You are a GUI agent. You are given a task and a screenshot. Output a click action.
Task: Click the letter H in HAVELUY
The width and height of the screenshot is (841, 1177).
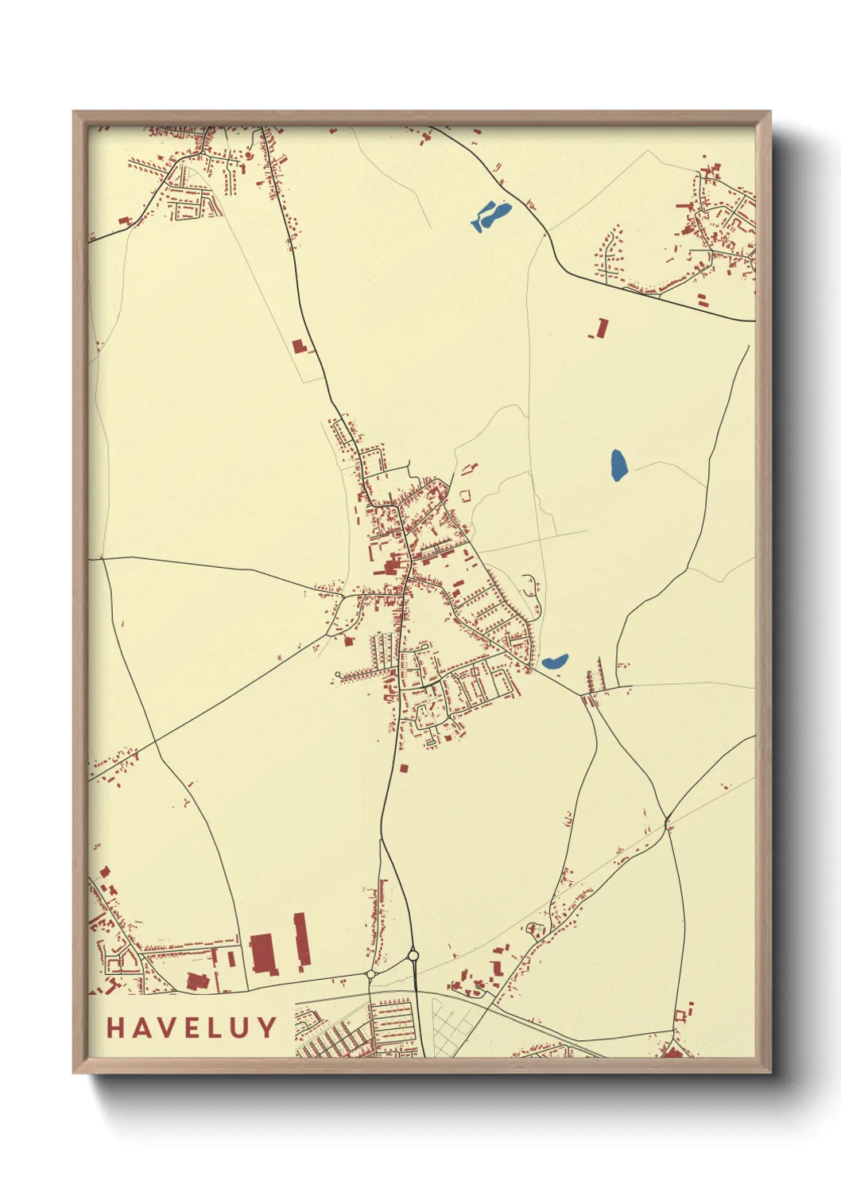116,1027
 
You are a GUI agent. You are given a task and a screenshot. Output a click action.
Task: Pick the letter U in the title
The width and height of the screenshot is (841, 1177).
242,1027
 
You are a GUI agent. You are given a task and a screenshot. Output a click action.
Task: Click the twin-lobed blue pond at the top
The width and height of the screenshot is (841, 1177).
491,216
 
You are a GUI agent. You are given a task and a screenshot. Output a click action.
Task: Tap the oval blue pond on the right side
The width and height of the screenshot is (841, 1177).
618,464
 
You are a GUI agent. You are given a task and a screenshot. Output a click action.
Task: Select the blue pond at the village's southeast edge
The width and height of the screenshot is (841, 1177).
555,661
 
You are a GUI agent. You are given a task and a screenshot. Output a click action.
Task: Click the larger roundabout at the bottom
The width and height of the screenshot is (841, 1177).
413,955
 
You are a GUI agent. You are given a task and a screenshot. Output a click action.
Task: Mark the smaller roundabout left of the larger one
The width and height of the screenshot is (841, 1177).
370,973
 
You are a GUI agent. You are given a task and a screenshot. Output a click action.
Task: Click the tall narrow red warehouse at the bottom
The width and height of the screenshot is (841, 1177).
300,942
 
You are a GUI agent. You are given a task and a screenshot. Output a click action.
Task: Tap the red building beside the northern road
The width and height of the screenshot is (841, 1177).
299,346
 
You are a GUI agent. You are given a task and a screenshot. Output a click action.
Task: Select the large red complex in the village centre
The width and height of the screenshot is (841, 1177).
391,566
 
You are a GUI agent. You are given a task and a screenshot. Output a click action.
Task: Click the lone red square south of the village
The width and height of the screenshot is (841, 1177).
403,768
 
